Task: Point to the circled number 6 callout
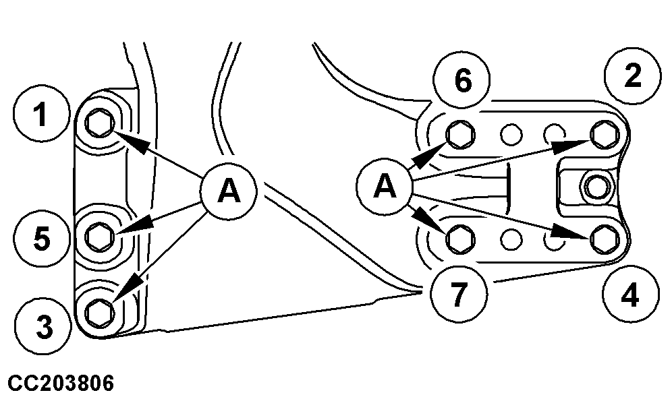coord(462,80)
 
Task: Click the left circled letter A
coord(229,192)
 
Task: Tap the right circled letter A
coord(385,185)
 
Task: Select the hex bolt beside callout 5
coord(101,234)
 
